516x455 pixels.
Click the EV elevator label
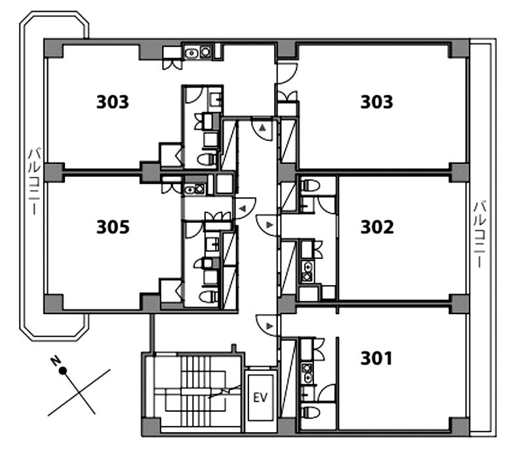(260, 398)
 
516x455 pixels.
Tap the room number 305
(113, 227)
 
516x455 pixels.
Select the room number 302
(377, 227)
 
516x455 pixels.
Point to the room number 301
(376, 358)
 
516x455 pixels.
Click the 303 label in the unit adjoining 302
(377, 102)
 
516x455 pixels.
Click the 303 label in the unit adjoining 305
(113, 102)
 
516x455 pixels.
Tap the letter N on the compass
(54, 361)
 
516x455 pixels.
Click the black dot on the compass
(63, 371)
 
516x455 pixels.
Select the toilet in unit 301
(310, 412)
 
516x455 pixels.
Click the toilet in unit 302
(311, 185)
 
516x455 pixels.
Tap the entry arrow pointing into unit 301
(269, 326)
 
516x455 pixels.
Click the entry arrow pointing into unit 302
(269, 225)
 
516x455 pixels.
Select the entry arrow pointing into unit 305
(243, 208)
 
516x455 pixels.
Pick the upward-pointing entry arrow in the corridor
(262, 128)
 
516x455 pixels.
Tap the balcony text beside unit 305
(34, 182)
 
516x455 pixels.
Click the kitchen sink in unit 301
(308, 373)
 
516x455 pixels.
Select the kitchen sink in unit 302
(307, 271)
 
